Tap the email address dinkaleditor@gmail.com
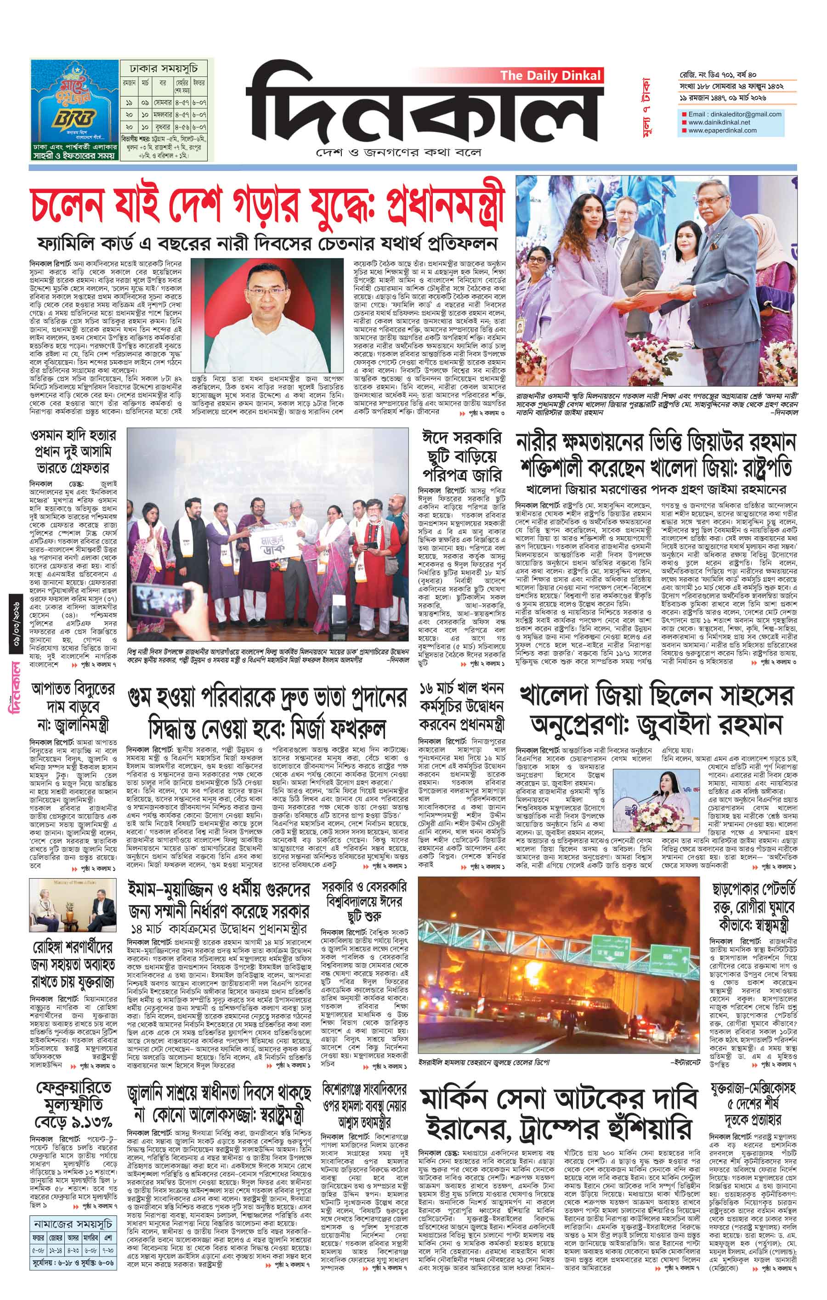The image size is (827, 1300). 735,114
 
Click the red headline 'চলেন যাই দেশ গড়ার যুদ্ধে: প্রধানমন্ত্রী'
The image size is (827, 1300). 268,207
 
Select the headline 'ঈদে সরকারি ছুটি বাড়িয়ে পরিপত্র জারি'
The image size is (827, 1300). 462,455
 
